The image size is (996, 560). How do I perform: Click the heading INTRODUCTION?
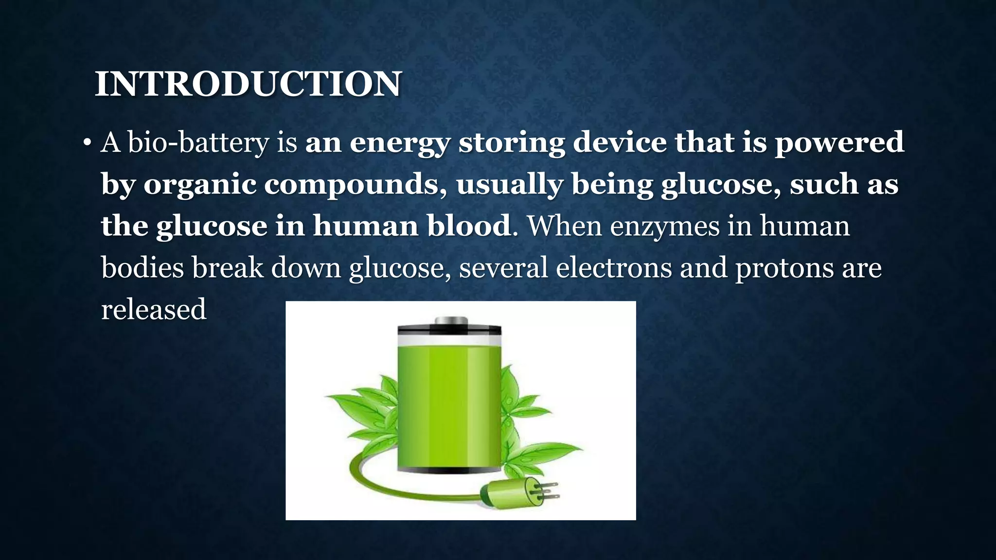pos(248,84)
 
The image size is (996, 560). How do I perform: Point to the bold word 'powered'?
pos(839,143)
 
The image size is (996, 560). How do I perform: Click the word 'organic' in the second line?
pos(199,185)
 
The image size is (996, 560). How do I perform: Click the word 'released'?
pos(154,310)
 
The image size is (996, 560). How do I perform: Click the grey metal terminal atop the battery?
pos(450,321)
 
